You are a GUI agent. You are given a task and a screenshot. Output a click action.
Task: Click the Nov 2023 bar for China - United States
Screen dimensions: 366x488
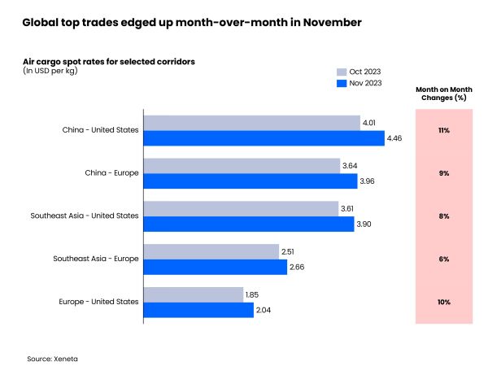[x=264, y=138]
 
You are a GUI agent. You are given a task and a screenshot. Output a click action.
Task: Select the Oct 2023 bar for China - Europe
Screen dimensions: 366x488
[x=242, y=165]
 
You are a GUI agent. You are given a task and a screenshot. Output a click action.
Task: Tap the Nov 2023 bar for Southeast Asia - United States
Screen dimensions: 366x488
[x=249, y=224]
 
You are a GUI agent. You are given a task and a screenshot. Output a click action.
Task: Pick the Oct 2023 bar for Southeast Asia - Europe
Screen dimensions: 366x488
[x=211, y=251]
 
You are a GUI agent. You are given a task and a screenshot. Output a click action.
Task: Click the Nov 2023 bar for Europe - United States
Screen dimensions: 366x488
[x=198, y=310]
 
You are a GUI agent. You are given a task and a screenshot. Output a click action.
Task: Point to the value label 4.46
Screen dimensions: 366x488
[x=396, y=138]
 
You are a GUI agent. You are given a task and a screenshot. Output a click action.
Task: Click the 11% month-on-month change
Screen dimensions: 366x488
[x=444, y=130]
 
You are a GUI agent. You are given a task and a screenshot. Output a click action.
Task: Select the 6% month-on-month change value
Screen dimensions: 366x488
[x=444, y=259]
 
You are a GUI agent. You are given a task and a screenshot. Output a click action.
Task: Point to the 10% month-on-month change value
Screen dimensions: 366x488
[x=444, y=302]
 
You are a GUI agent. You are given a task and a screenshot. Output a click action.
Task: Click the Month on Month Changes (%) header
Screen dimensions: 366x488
[x=444, y=94]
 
